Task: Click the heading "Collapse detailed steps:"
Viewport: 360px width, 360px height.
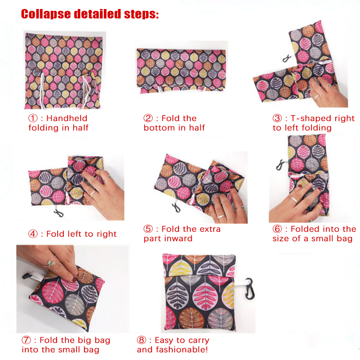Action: pyautogui.click(x=90, y=14)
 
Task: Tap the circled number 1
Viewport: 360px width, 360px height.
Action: pyautogui.click(x=33, y=118)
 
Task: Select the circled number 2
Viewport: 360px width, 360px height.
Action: pyautogui.click(x=148, y=118)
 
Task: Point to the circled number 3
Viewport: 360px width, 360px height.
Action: pyautogui.click(x=277, y=118)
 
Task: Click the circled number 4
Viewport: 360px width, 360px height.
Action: pyautogui.click(x=33, y=234)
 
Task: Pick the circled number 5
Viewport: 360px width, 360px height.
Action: pyautogui.click(x=148, y=229)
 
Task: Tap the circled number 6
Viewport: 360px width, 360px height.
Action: pyautogui.click(x=277, y=229)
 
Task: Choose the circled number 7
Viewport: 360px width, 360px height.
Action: pyautogui.click(x=26, y=340)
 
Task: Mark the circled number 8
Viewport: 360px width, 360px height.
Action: pyautogui.click(x=141, y=340)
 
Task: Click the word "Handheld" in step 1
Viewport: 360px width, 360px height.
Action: pyautogui.click(x=67, y=118)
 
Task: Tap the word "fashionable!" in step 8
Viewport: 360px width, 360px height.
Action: pyautogui.click(x=182, y=350)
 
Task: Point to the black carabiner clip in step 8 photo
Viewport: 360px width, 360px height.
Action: pyautogui.click(x=249, y=289)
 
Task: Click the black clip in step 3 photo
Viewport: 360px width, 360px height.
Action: pyautogui.click(x=286, y=59)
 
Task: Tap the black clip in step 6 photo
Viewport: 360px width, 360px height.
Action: pyautogui.click(x=279, y=165)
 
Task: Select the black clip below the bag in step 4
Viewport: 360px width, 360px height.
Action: pyautogui.click(x=59, y=213)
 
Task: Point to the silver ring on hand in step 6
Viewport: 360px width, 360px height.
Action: pyautogui.click(x=294, y=199)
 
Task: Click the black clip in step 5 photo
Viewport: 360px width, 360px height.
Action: pyautogui.click(x=176, y=207)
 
